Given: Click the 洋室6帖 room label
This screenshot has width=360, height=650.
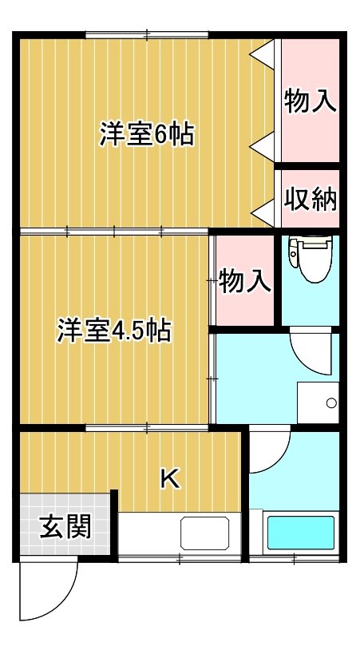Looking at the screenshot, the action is [x=147, y=133].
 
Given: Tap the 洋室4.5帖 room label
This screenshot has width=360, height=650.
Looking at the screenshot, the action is [x=114, y=330].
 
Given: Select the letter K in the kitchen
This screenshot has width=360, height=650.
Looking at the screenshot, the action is [x=170, y=480].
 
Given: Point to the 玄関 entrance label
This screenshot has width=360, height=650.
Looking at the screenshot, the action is [x=65, y=526].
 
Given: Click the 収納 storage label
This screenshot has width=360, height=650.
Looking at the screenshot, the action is [x=311, y=200].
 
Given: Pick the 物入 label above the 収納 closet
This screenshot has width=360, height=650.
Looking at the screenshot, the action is [x=311, y=101].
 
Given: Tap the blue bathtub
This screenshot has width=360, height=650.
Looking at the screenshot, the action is [x=301, y=533].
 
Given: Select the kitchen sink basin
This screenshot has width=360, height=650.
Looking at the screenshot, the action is [x=204, y=533].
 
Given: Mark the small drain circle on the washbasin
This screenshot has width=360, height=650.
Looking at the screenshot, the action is [x=331, y=402].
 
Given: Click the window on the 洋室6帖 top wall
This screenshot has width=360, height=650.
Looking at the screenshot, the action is [x=147, y=35].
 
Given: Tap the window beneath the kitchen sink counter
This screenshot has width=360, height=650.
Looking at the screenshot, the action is [x=180, y=559].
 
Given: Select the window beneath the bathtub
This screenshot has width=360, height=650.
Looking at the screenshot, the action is [x=294, y=559].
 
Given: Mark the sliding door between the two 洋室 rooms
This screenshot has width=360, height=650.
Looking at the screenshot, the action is [x=114, y=231].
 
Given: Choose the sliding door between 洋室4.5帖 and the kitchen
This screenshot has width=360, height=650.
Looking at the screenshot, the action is [x=147, y=427].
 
